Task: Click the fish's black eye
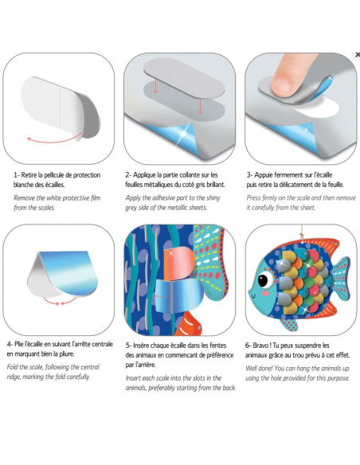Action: point(262,279)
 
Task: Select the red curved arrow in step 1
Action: point(54,139)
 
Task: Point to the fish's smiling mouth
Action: point(253,296)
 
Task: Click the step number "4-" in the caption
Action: point(10,344)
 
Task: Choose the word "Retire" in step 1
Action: point(29,175)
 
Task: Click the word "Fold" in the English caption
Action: point(12,367)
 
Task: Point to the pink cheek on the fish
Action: point(265,293)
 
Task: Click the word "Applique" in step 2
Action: point(145,175)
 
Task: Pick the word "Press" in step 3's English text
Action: point(254,198)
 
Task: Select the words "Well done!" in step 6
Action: point(259,369)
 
